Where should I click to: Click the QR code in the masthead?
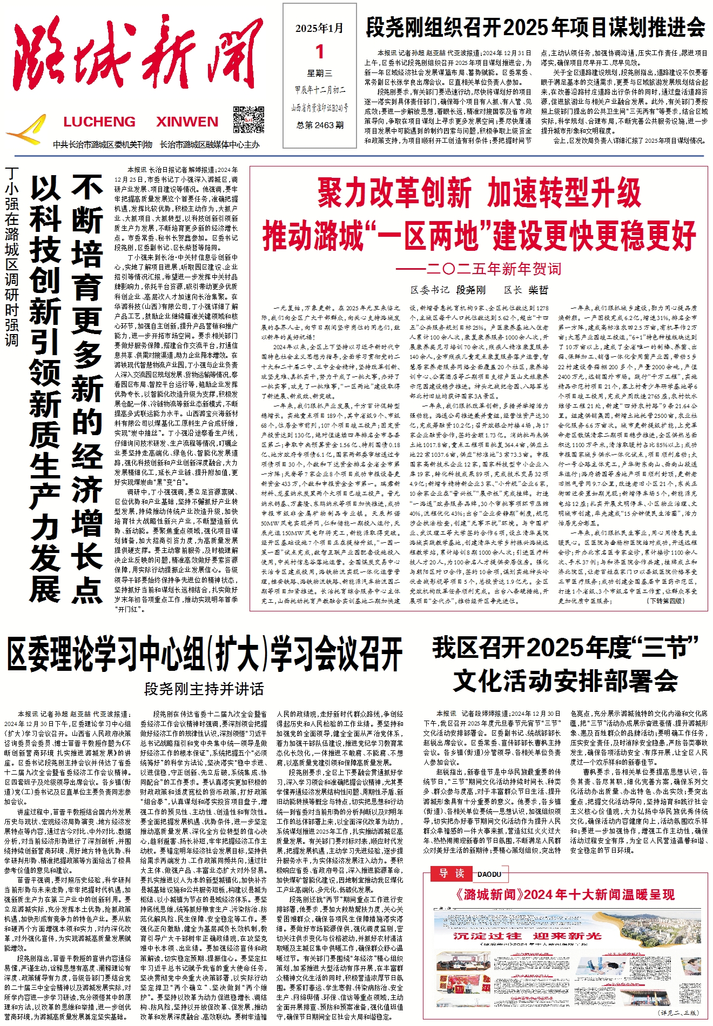click(x=248, y=120)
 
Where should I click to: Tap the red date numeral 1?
click(x=320, y=52)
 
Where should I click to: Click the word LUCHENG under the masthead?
click(x=99, y=122)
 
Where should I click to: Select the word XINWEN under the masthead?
click(x=187, y=122)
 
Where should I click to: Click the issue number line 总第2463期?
click(x=320, y=125)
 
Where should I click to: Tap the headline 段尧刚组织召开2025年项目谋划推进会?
click(x=535, y=27)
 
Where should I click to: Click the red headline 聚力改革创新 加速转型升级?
click(x=479, y=194)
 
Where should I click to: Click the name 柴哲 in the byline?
click(x=538, y=290)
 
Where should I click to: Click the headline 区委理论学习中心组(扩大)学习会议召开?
click(x=205, y=655)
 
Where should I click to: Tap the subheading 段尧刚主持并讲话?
click(x=204, y=689)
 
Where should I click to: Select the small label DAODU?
click(x=489, y=874)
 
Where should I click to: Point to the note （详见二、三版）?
click(x=677, y=1012)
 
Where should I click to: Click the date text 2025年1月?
click(x=319, y=29)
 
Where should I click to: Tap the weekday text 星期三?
click(x=320, y=73)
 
